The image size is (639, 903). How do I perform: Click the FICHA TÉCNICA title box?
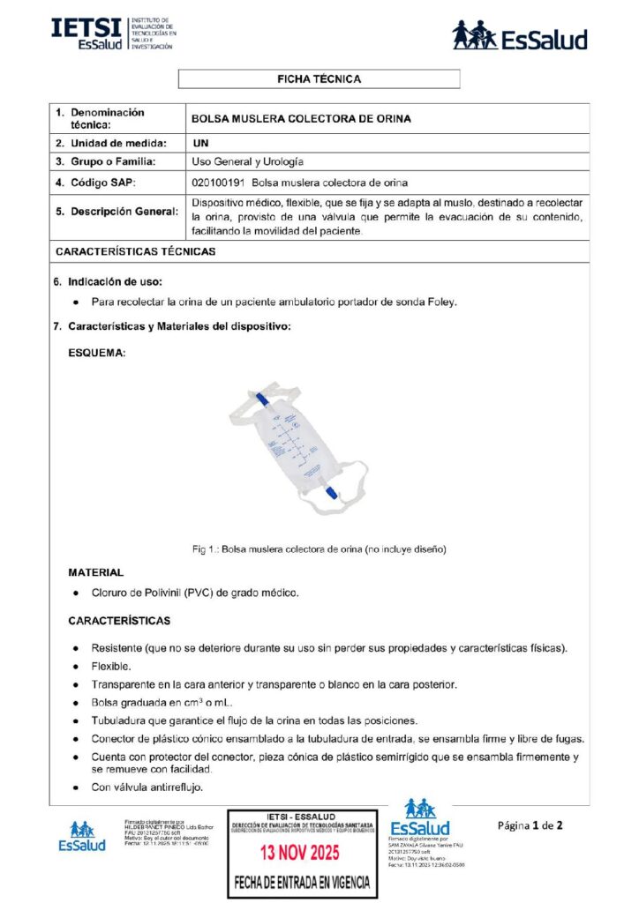[319, 79]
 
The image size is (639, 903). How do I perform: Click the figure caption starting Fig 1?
[319, 549]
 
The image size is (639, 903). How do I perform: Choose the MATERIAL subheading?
[95, 572]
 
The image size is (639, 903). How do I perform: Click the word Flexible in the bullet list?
[111, 666]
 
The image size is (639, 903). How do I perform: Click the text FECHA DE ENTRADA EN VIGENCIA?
[302, 882]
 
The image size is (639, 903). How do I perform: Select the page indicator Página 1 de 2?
[530, 825]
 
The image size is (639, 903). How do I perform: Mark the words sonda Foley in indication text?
[426, 302]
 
